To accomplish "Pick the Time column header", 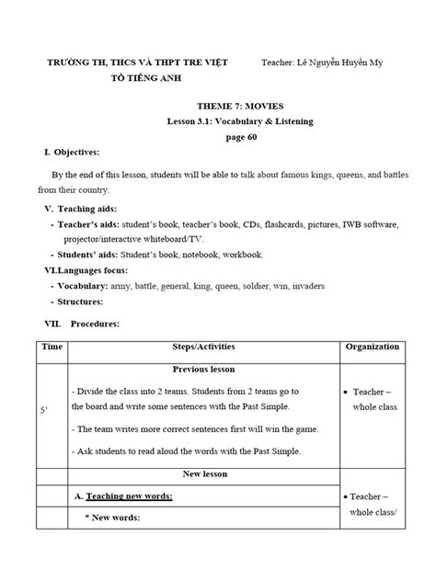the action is (x=51, y=347).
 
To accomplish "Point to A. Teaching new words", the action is (x=129, y=496).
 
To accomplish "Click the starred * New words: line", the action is (x=118, y=518).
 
